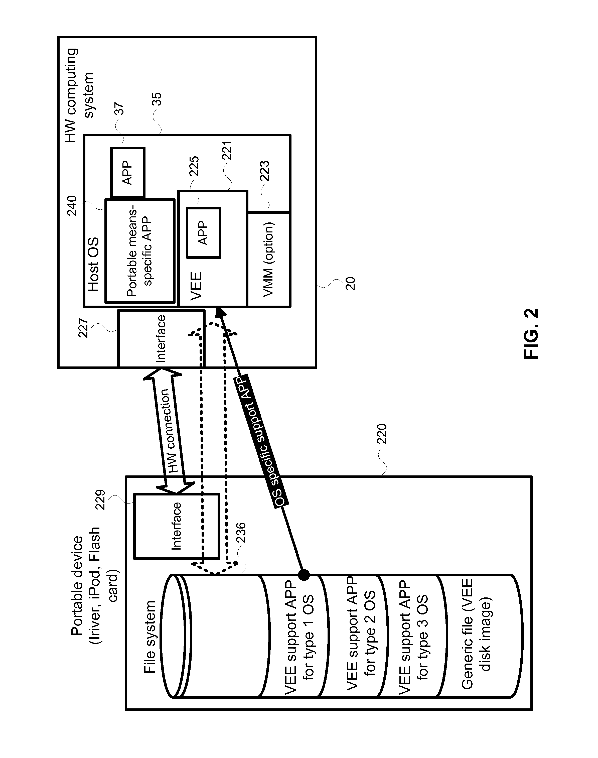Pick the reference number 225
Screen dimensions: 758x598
(x=194, y=166)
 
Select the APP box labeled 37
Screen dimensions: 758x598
(x=128, y=172)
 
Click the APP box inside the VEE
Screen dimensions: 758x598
(x=203, y=233)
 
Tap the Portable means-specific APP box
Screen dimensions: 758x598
(x=140, y=251)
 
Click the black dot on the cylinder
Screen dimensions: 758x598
(x=304, y=575)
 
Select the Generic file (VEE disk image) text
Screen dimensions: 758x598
(x=477, y=634)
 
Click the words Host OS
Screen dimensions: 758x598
(x=93, y=265)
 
